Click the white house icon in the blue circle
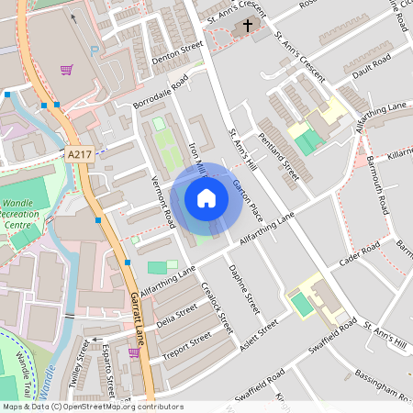206,197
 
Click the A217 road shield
80,157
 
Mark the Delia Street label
177,322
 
